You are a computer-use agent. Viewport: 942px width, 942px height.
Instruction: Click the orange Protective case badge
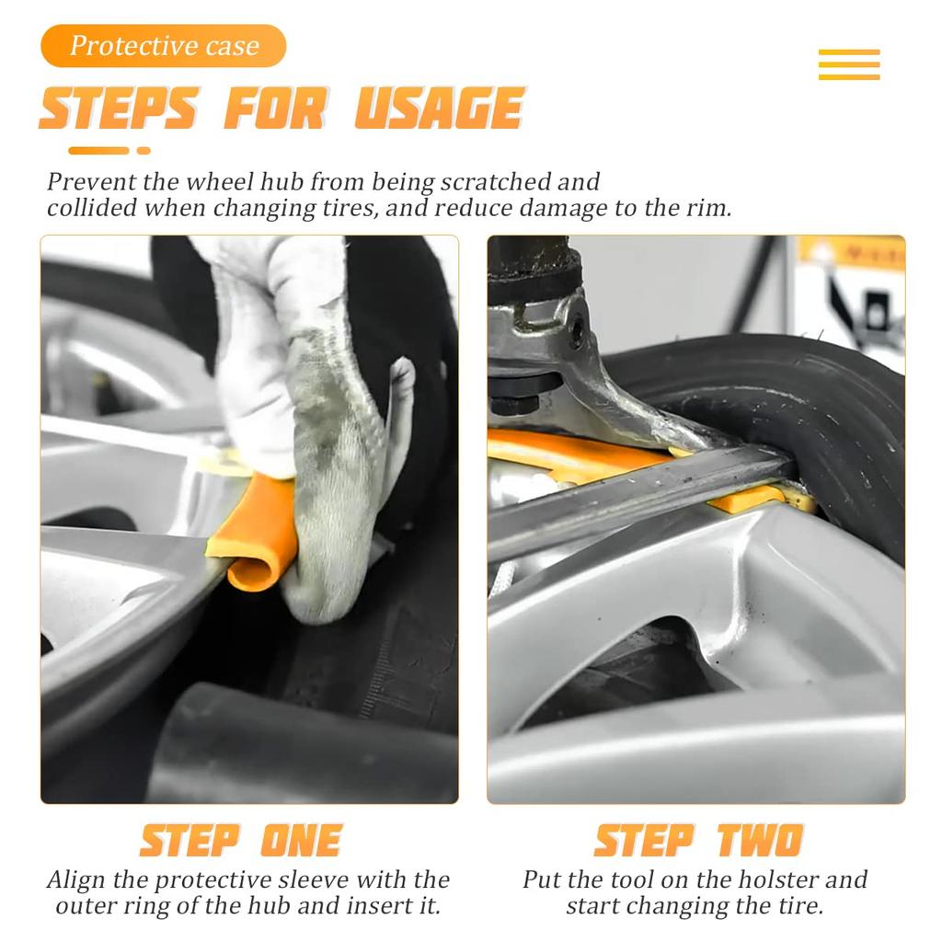click(x=164, y=46)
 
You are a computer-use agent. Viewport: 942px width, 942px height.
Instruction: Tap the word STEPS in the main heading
click(x=119, y=109)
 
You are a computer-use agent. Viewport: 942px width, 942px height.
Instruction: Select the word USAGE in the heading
click(x=440, y=109)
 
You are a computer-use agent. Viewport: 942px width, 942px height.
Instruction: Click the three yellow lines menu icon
click(x=849, y=64)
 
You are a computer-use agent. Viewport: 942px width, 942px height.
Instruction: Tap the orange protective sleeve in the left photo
click(x=252, y=532)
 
